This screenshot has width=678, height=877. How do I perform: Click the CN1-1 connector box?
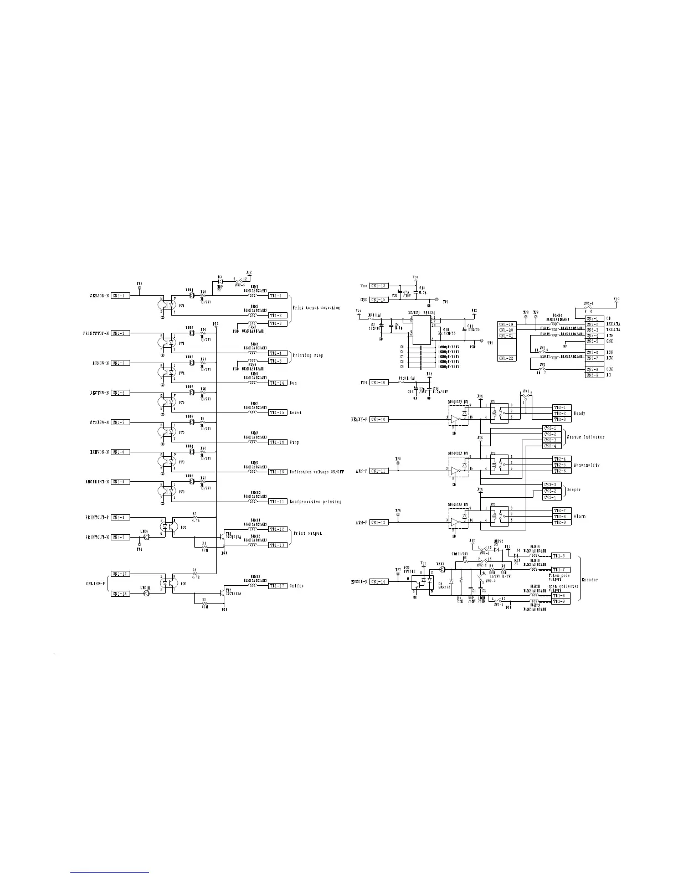click(121, 296)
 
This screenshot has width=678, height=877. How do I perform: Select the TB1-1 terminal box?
click(278, 296)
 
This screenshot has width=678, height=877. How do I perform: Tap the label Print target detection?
click(317, 307)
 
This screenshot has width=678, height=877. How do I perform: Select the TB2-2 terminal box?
click(561, 413)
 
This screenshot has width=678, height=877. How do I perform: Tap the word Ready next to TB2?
click(580, 413)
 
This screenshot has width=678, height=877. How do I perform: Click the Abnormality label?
click(587, 465)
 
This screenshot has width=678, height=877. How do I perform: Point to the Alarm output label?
click(580, 516)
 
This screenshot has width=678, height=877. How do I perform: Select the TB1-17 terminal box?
click(278, 586)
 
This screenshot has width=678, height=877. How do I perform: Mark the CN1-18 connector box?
click(121, 594)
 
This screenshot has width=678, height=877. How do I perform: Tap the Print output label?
click(308, 534)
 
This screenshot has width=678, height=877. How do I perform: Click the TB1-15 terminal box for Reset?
click(278, 412)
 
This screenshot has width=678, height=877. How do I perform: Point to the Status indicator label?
click(585, 437)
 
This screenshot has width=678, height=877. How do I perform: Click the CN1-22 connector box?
click(506, 358)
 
